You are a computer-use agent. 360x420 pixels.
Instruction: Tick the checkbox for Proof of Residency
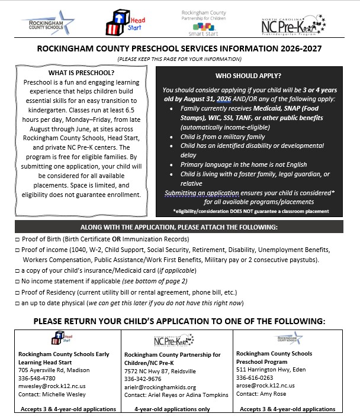[x=18, y=292]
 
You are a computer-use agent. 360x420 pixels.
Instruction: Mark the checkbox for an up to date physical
[x=18, y=303]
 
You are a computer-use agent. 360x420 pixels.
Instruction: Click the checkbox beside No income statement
[x=18, y=282]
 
